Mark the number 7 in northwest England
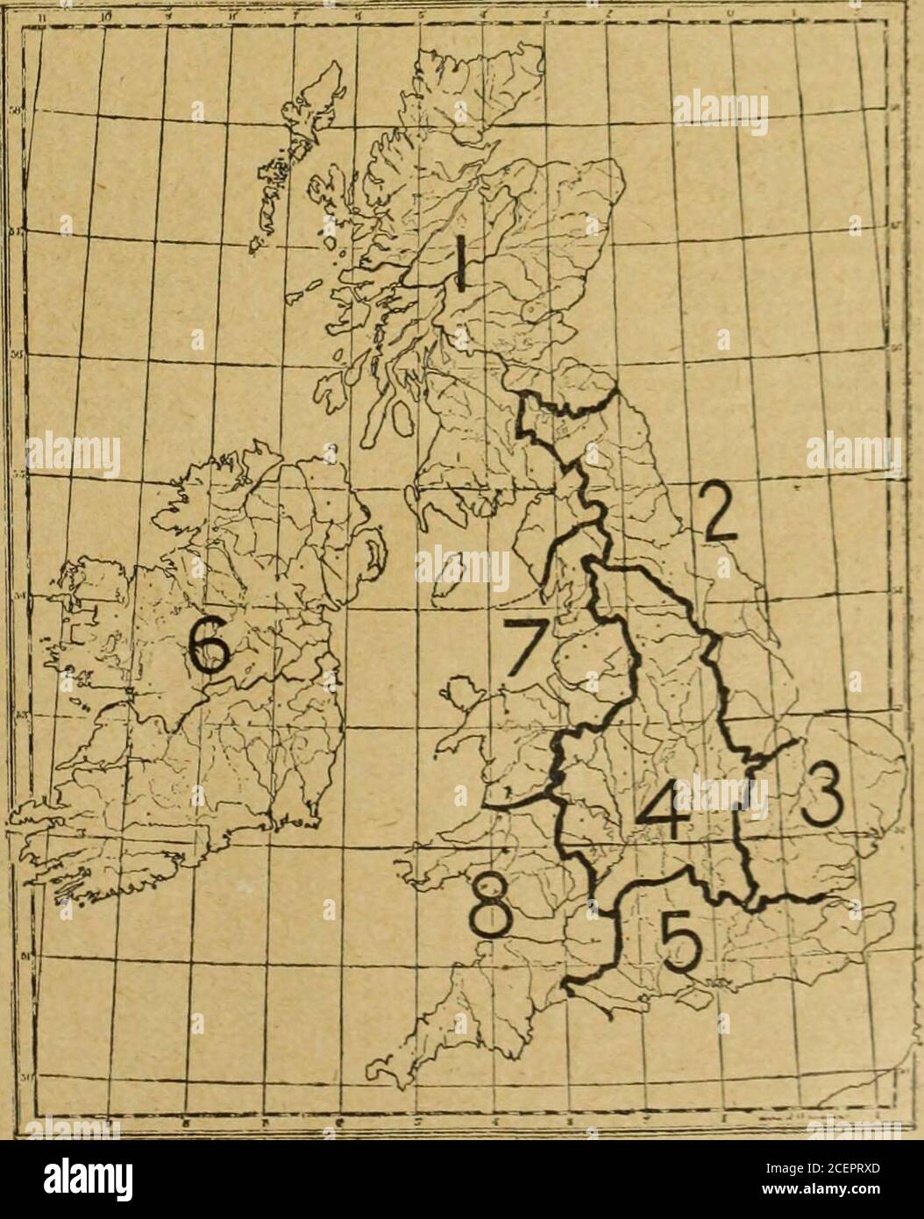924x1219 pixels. tap(525, 651)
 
